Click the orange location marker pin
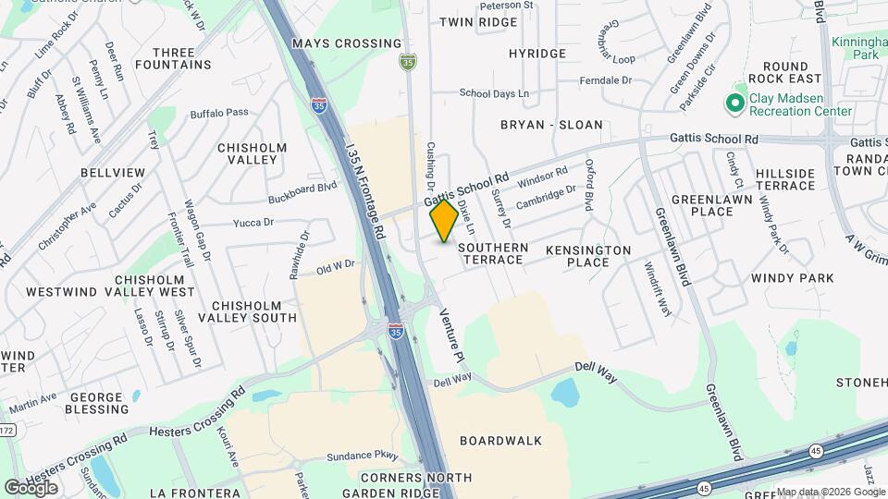click(x=444, y=221)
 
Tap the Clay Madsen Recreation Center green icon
click(x=736, y=102)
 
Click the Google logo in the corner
click(x=31, y=487)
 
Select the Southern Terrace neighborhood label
click(x=494, y=254)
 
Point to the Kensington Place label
click(x=588, y=256)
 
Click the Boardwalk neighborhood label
click(x=500, y=441)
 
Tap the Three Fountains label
click(x=173, y=58)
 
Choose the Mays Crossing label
click(x=333, y=43)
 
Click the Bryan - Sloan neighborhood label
click(x=551, y=125)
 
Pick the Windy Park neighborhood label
click(x=792, y=277)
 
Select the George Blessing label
click(x=83, y=403)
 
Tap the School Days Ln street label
click(x=494, y=93)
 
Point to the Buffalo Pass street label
click(x=219, y=113)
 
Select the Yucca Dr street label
click(x=253, y=222)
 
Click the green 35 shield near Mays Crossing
click(x=408, y=62)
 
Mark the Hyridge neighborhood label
click(x=536, y=54)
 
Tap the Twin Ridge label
click(x=478, y=21)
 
